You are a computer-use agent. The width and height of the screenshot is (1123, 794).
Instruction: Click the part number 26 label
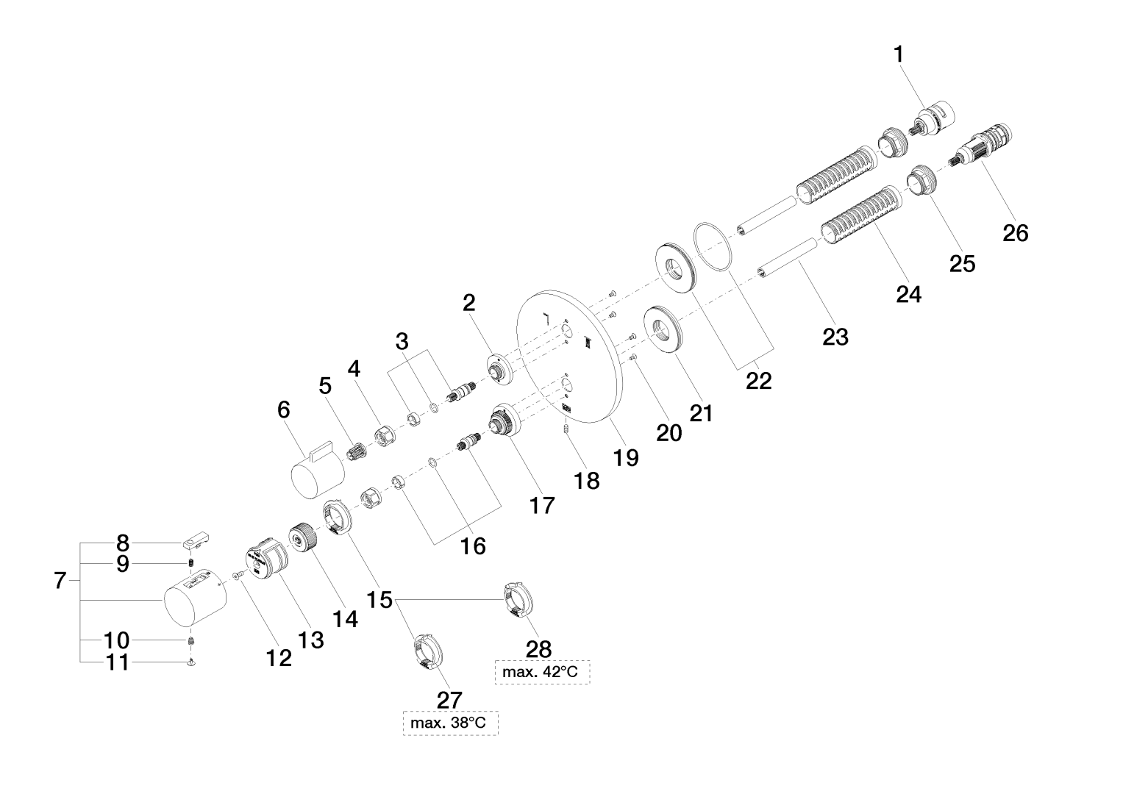pyautogui.click(x=1016, y=233)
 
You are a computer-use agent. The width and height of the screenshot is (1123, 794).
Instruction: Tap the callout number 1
pyautogui.click(x=898, y=54)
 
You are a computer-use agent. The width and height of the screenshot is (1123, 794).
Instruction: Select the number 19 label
pyautogui.click(x=627, y=457)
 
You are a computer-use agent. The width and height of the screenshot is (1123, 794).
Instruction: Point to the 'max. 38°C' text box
pyautogui.click(x=450, y=723)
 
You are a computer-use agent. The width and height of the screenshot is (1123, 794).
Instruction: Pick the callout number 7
pyautogui.click(x=60, y=580)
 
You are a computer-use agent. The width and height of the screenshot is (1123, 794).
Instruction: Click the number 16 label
pyautogui.click(x=474, y=546)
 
